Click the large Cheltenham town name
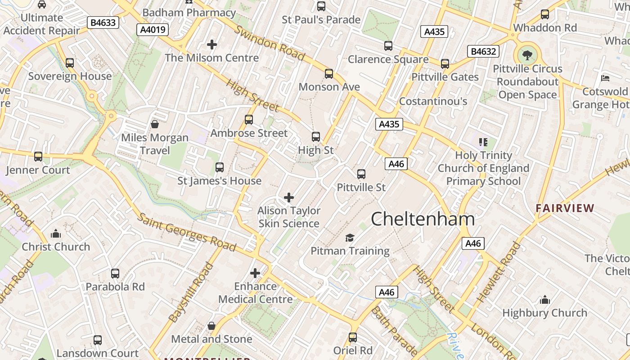[x=423, y=219]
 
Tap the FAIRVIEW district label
[x=565, y=208]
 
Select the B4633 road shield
[x=103, y=22]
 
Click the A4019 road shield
[x=153, y=30]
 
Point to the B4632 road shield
[x=484, y=51]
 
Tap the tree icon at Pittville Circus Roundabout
[x=527, y=55]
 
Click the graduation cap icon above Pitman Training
[x=350, y=238]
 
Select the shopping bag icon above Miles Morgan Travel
[x=155, y=124]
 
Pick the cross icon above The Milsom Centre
[x=211, y=45]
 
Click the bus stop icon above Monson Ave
[x=329, y=73]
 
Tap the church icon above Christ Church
[x=56, y=234]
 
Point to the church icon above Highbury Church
[x=544, y=300]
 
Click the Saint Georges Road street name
[x=186, y=232]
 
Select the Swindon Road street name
[x=270, y=43]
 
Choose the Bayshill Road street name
[x=191, y=292]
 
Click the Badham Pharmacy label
[x=189, y=13]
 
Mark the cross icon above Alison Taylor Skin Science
[x=289, y=198]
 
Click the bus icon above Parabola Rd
[x=115, y=273]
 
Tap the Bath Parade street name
[x=395, y=331]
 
